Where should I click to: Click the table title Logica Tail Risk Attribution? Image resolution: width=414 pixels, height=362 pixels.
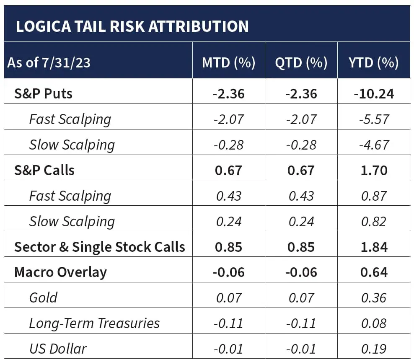point(132,26)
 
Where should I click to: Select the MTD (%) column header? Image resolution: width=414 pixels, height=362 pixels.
point(228,62)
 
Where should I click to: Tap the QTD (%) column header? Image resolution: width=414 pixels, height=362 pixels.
point(301,62)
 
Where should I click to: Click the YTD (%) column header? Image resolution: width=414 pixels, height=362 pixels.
point(373,62)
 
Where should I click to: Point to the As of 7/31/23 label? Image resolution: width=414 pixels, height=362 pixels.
point(49,63)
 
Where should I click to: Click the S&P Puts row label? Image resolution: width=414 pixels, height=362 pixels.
point(43,93)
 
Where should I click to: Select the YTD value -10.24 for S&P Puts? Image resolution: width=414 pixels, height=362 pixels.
point(373,93)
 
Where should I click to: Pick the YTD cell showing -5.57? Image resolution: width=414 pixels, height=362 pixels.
point(373,119)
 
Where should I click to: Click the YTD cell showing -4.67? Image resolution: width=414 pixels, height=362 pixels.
point(373,145)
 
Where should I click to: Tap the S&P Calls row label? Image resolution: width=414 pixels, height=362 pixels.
point(44,170)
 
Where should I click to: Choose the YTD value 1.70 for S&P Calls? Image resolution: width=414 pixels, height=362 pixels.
point(373,170)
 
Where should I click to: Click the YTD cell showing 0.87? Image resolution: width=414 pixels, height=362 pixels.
point(373,196)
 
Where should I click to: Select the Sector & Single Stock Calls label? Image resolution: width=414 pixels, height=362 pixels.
point(99,247)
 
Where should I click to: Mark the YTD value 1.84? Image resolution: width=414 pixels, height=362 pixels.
point(373,247)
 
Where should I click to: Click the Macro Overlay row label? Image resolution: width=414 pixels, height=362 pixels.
point(60,272)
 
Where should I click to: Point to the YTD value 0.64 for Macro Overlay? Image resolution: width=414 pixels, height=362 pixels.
point(373,272)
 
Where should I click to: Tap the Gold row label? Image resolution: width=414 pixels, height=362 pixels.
point(43,298)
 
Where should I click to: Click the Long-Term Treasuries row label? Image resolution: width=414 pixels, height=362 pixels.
point(94,323)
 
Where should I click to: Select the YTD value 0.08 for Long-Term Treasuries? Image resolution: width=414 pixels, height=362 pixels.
point(373,323)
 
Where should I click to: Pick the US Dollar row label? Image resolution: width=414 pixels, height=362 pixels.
point(58,349)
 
